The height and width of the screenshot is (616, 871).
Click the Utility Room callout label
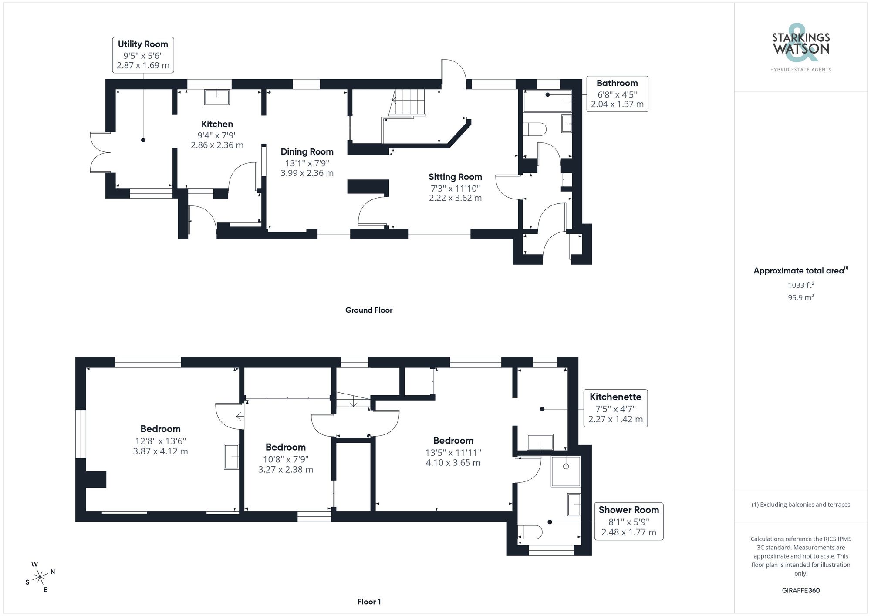click(x=143, y=55)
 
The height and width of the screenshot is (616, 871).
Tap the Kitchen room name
click(x=217, y=124)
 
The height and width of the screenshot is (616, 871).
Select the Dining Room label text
click(x=307, y=151)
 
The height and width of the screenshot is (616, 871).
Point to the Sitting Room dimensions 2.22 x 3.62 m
click(x=455, y=198)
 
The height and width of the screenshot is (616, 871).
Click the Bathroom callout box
click(x=617, y=94)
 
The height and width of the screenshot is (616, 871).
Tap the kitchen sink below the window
click(x=217, y=97)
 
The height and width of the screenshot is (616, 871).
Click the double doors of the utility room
click(x=99, y=152)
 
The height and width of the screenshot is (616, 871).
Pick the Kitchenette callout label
click(x=615, y=408)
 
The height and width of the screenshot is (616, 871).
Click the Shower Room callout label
click(x=628, y=521)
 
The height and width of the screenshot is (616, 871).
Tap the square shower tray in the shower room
click(x=566, y=471)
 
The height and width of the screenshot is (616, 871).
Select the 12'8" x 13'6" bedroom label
click(x=160, y=440)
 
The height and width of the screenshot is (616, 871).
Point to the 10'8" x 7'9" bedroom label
click(x=285, y=458)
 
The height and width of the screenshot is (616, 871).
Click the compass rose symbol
click(x=40, y=577)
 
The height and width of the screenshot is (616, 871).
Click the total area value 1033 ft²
click(x=800, y=285)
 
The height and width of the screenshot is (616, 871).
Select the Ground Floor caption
click(x=368, y=310)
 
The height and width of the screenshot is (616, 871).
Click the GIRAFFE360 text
click(x=800, y=590)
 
